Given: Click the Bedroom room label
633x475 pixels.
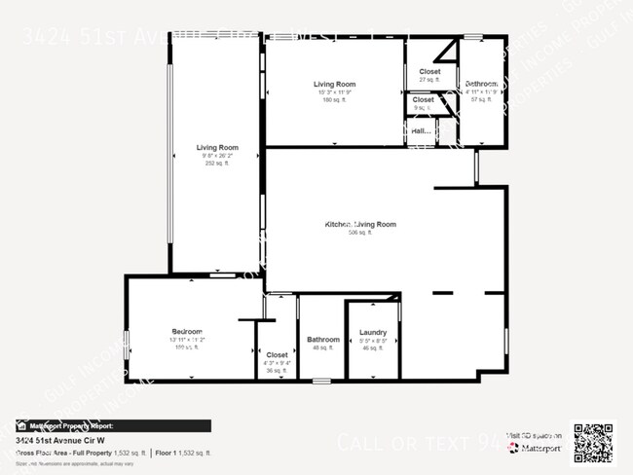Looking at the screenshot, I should click(187, 332).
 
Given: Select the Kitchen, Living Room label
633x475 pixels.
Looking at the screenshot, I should click(360, 225).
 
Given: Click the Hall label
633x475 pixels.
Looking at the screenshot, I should click(421, 130).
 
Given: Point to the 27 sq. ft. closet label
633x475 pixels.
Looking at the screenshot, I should click(429, 80).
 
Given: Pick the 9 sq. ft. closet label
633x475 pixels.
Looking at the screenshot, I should click(424, 107).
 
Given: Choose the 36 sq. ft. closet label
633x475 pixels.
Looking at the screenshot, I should click(277, 370).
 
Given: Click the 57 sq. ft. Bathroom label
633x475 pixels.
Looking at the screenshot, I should click(481, 99).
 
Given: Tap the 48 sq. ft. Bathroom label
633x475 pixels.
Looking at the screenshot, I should click(323, 347).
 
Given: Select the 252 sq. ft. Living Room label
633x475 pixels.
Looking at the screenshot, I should click(216, 164).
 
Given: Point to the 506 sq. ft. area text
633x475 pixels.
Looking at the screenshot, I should click(360, 233).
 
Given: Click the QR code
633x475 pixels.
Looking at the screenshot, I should click(592, 443).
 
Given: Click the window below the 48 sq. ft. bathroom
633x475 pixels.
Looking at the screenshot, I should click(322, 379).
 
